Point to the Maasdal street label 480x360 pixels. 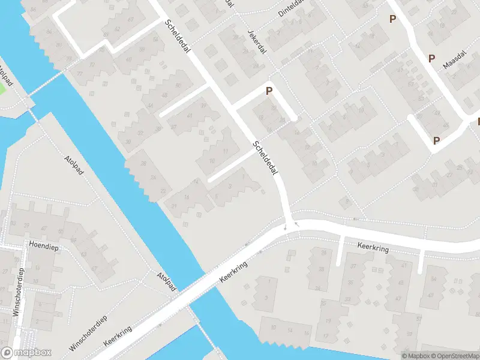tap(454, 61)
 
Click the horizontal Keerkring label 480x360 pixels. tap(373, 246)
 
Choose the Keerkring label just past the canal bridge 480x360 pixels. tap(233, 273)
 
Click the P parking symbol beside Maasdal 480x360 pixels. tap(431, 58)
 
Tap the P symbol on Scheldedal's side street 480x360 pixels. tap(269, 91)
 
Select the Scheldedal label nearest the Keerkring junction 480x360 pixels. tap(267, 158)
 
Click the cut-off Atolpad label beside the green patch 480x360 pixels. tap(4, 75)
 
